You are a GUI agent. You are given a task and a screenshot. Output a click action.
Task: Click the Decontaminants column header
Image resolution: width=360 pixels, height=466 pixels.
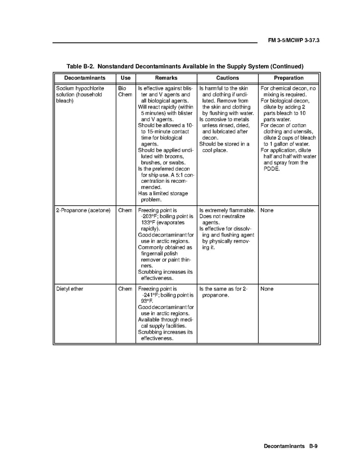[84, 78]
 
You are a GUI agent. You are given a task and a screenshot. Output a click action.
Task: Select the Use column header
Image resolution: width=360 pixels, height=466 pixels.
[125, 78]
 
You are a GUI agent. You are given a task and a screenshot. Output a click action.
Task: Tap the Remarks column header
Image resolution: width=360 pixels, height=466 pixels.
[166, 78]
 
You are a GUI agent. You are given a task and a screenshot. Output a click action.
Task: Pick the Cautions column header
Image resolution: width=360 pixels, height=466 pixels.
[227, 78]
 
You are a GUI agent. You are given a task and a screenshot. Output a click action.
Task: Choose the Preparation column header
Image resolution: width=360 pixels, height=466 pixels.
[288, 78]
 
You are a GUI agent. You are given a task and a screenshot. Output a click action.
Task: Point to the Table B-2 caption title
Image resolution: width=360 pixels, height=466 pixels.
[185, 66]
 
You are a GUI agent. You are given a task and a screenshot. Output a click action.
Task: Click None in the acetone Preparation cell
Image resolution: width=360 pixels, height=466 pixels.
[267, 210]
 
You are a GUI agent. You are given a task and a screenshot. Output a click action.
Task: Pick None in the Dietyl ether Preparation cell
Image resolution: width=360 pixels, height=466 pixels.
[267, 288]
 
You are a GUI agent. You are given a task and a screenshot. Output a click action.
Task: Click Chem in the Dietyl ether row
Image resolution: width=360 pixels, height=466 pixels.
[125, 288]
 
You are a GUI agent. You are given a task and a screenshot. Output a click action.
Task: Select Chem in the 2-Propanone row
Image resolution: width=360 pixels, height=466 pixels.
[125, 210]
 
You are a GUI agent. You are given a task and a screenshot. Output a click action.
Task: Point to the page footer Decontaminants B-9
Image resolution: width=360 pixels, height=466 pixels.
[290, 446]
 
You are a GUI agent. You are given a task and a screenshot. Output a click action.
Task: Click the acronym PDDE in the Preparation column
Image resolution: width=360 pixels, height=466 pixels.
[271, 169]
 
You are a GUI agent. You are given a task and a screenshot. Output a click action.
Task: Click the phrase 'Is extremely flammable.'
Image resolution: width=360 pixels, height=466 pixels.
[227, 210]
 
